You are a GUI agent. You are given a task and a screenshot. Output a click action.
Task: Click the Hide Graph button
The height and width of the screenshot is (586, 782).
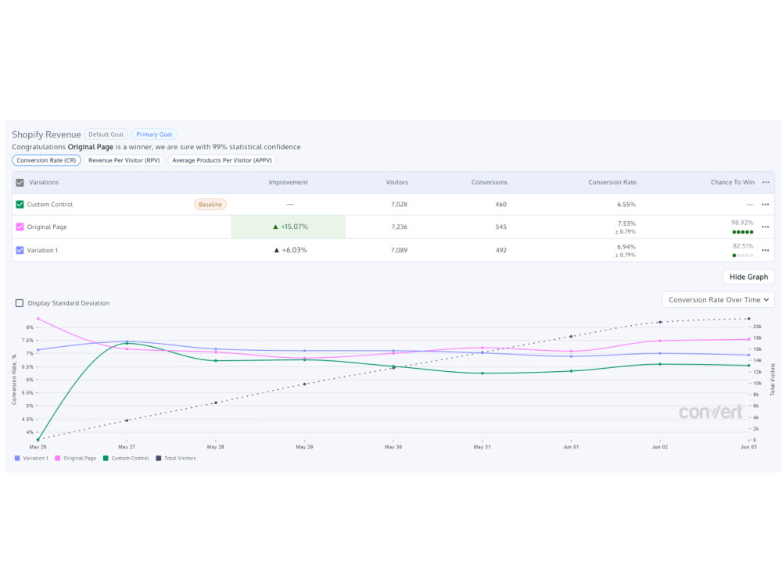pyautogui.click(x=748, y=277)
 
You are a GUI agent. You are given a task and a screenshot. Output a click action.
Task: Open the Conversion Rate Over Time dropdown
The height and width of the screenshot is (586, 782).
pyautogui.click(x=718, y=300)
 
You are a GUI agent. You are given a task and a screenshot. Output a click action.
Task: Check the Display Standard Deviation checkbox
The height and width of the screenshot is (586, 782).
pyautogui.click(x=20, y=303)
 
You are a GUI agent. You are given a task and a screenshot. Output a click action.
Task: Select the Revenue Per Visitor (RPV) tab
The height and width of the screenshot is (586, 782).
pyautogui.click(x=124, y=160)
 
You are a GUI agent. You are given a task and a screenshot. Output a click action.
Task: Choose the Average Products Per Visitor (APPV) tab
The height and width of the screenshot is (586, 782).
pyautogui.click(x=222, y=160)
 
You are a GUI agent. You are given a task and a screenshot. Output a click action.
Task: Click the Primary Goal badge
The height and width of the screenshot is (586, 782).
pyautogui.click(x=154, y=134)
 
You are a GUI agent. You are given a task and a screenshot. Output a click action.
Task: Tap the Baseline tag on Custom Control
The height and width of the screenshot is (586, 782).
pyautogui.click(x=210, y=204)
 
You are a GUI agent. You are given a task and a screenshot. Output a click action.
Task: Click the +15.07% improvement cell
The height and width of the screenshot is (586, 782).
pyautogui.click(x=289, y=227)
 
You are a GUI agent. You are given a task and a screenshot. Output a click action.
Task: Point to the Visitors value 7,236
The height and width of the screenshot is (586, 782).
pyautogui.click(x=399, y=227)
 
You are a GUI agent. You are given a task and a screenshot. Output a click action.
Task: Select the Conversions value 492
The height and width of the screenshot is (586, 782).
pyautogui.click(x=501, y=250)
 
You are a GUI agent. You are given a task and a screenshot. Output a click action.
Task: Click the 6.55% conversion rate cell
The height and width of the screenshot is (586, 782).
pyautogui.click(x=626, y=204)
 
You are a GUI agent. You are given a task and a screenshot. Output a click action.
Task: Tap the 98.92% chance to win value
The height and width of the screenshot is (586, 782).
pyautogui.click(x=742, y=223)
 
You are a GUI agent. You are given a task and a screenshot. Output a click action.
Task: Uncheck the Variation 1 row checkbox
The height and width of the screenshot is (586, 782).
pyautogui.click(x=20, y=250)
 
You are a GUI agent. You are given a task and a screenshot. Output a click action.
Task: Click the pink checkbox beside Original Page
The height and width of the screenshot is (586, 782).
pyautogui.click(x=20, y=227)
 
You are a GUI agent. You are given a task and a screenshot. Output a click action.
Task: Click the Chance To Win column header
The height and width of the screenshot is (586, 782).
pyautogui.click(x=733, y=182)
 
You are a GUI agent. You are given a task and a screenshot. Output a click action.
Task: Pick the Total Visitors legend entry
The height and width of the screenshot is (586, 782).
pyautogui.click(x=176, y=459)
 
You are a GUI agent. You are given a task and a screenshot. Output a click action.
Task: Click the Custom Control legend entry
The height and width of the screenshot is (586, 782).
pyautogui.click(x=126, y=459)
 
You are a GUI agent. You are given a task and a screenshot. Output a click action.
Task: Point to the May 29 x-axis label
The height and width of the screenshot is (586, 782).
pyautogui.click(x=304, y=447)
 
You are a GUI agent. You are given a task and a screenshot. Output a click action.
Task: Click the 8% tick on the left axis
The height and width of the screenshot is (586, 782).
pyautogui.click(x=30, y=327)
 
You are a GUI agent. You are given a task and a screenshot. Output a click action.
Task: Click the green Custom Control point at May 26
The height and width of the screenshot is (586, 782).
pyautogui.click(x=38, y=439)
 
